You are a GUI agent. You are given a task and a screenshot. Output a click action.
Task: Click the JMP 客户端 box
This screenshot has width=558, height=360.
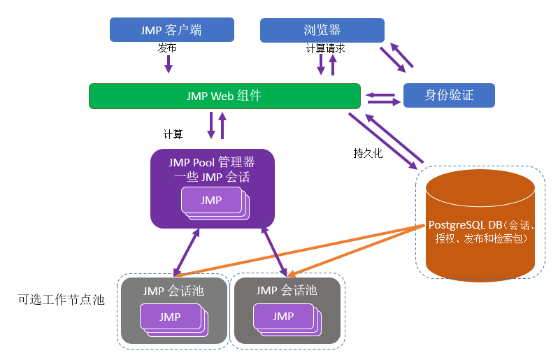[x=171, y=30]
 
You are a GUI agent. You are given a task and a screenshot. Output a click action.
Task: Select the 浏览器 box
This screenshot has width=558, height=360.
[x=322, y=30]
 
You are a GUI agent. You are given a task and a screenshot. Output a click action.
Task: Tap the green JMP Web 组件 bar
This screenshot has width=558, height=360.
[x=224, y=96]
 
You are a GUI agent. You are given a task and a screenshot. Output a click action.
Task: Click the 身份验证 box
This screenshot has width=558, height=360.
[x=449, y=95]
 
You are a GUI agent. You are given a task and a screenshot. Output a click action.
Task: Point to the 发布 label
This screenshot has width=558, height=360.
[x=167, y=49]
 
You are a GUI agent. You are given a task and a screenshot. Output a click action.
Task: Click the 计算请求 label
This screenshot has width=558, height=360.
[x=325, y=49]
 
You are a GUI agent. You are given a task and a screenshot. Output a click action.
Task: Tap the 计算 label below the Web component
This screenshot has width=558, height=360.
[x=173, y=134]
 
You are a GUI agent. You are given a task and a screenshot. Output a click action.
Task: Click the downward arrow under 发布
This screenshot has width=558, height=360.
[x=168, y=65]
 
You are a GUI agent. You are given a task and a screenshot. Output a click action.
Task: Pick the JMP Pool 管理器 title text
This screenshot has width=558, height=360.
[x=212, y=162]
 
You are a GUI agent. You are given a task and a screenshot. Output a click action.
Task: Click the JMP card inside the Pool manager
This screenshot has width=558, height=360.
[x=210, y=201]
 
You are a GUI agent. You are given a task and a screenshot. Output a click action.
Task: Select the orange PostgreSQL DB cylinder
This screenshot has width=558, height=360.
[x=480, y=224]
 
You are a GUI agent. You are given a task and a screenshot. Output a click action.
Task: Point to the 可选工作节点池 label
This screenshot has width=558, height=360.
[x=61, y=300]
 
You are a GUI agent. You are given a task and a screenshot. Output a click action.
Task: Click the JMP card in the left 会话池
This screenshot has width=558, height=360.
[x=170, y=317]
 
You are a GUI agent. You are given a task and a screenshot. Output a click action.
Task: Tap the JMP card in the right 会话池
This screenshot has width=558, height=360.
[x=282, y=316]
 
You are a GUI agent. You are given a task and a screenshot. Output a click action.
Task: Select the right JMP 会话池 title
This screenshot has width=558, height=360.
[x=286, y=289]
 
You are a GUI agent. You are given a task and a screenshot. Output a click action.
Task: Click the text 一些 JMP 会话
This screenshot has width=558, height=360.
[x=212, y=177]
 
